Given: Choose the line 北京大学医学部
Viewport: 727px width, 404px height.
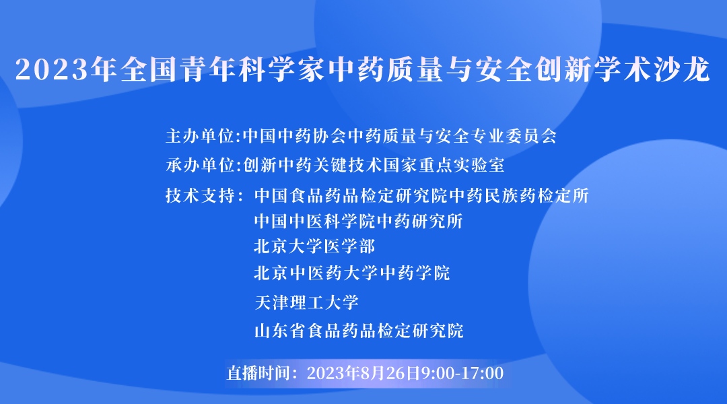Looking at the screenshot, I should click(x=314, y=246).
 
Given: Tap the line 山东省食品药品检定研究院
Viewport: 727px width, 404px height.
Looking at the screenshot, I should click(x=359, y=331).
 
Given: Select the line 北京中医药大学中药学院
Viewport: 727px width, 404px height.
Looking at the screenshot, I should click(x=351, y=273).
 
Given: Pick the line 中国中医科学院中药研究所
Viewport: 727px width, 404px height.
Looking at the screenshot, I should click(x=358, y=221).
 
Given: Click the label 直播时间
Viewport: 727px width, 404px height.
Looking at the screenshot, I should click(x=261, y=372).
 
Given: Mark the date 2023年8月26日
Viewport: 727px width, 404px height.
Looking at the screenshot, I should click(x=363, y=372).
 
